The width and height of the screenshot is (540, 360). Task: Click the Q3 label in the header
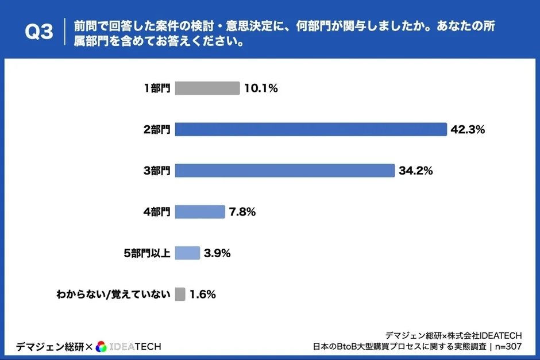tap(39, 33)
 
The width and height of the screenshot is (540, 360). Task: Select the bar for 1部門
tap(207, 88)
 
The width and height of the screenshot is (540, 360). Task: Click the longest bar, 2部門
tap(310, 129)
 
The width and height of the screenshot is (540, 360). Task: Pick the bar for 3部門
tap(284, 171)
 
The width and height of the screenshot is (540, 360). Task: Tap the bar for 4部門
tap(199, 212)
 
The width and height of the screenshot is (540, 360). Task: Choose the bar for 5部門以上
tap(187, 253)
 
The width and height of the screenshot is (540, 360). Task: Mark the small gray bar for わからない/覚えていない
tap(180, 295)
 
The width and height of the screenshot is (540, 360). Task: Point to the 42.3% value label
tap(468, 129)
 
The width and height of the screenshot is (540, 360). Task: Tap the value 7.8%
tap(242, 212)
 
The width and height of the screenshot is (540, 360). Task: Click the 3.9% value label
tap(218, 253)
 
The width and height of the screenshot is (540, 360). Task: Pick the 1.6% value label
tap(202, 295)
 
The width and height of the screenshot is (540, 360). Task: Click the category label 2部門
tap(157, 130)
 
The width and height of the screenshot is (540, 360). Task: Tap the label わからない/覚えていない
tap(113, 295)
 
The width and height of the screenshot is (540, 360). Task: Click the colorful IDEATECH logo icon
tap(101, 346)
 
